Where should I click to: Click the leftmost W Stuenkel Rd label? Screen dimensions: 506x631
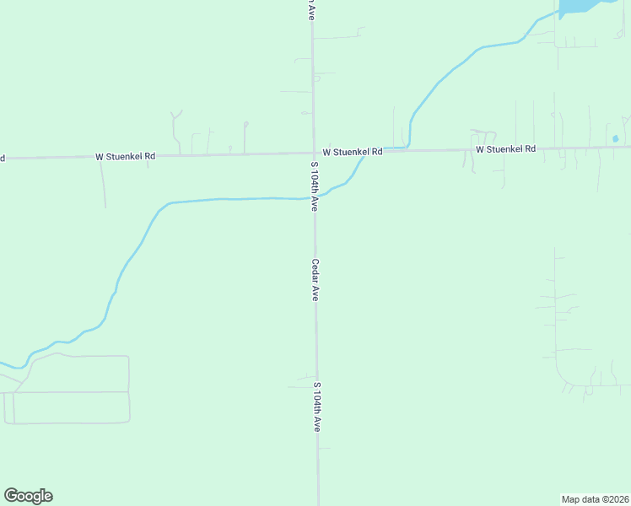click(x=126, y=156)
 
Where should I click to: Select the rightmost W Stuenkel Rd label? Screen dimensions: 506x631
click(x=505, y=148)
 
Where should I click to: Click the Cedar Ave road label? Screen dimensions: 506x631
click(x=315, y=280)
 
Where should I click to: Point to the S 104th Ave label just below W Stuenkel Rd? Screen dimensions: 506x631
click(x=315, y=185)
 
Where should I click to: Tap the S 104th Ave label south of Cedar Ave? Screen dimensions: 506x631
click(x=317, y=406)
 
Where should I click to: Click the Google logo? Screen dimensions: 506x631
click(x=28, y=496)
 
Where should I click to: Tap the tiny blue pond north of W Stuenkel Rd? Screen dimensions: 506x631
click(x=615, y=138)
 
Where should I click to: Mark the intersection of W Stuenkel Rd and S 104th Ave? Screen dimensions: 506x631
click(x=314, y=153)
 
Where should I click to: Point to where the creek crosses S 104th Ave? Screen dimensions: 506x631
click(x=315, y=197)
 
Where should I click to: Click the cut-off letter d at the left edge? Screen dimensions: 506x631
click(x=3, y=158)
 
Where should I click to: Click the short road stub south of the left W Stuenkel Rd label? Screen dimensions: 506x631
click(x=103, y=181)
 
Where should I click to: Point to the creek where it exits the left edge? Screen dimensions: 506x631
click(x=3, y=364)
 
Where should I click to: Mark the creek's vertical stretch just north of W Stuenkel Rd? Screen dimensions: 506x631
click(x=410, y=131)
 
